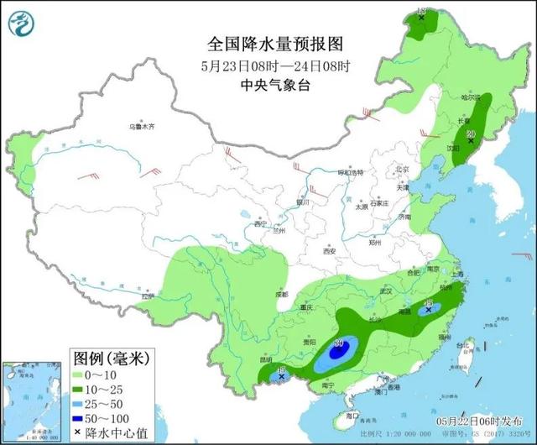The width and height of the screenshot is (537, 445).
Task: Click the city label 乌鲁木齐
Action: (142, 126)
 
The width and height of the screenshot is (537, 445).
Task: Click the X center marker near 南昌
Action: (429, 309)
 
